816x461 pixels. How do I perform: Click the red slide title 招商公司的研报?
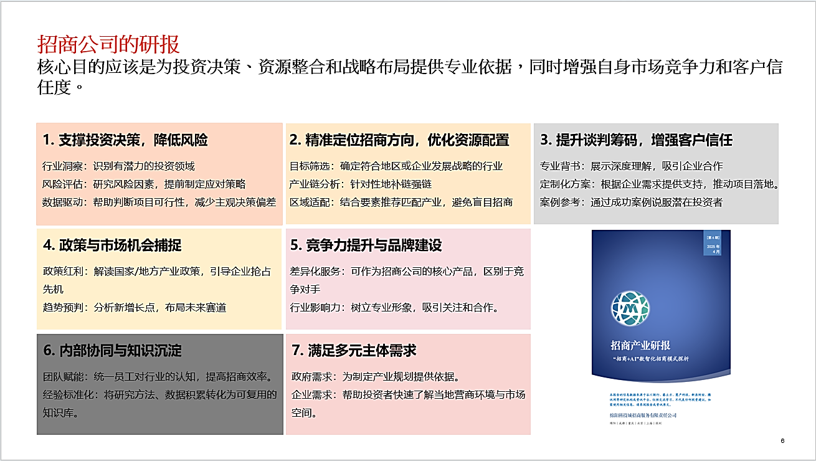(x=108, y=44)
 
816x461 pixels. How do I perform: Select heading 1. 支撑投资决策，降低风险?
(x=125, y=140)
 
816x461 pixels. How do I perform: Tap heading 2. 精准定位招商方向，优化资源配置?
(x=399, y=140)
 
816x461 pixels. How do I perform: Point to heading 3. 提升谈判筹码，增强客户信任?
(x=636, y=140)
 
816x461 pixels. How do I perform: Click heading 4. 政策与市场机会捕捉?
(x=112, y=245)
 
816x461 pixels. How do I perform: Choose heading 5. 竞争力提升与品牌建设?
(x=366, y=245)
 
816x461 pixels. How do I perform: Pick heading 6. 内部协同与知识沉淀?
(x=112, y=351)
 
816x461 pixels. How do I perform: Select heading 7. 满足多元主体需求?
(x=353, y=351)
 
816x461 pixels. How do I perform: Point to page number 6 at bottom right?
(x=782, y=441)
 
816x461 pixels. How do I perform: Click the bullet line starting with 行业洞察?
(x=118, y=166)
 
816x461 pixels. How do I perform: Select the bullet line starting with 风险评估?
(x=144, y=184)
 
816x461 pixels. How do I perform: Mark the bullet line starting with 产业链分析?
(x=361, y=184)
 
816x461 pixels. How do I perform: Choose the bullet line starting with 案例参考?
(x=631, y=202)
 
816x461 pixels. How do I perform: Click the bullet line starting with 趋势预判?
(x=135, y=307)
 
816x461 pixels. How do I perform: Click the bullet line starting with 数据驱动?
(x=159, y=202)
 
